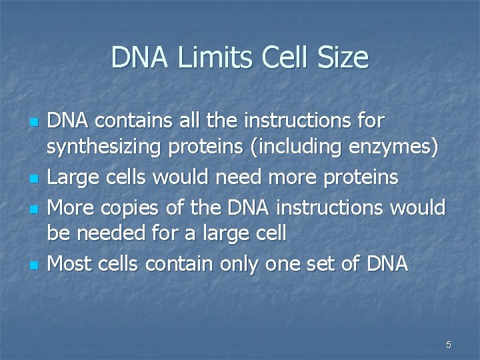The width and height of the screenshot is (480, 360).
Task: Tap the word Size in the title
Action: (x=343, y=58)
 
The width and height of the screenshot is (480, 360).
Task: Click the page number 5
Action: (x=449, y=345)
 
